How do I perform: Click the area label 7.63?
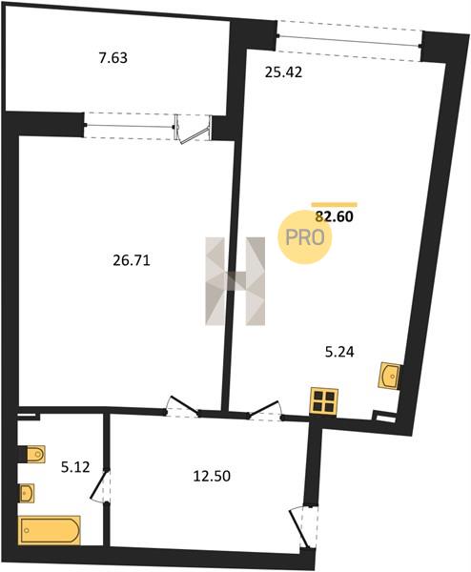[113, 58]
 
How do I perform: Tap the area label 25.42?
[283, 72]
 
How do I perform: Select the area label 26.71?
[132, 260]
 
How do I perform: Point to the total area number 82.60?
[335, 216]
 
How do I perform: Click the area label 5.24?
[339, 352]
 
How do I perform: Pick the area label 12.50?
[212, 476]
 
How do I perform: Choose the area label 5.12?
[75, 467]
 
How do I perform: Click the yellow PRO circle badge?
[305, 237]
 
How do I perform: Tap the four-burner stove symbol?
[324, 401]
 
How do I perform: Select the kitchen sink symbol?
[390, 376]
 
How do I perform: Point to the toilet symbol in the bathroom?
[34, 454]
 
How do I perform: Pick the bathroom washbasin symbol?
[27, 494]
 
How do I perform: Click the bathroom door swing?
[99, 486]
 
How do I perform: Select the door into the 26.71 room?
[182, 406]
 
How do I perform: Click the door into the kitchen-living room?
[265, 409]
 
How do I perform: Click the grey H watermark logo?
[235, 281]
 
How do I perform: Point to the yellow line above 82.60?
[335, 205]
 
